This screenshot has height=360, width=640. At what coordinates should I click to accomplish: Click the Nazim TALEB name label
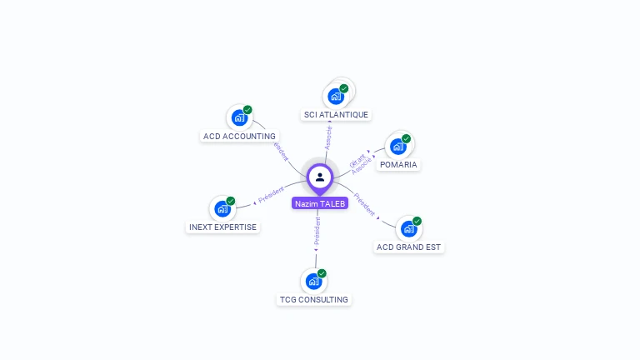pos(320,203)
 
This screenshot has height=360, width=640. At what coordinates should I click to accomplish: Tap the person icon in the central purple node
pos(320,177)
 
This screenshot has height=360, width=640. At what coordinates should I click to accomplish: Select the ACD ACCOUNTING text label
pos(239,136)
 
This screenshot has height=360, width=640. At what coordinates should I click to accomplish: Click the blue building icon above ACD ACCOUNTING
pos(239,117)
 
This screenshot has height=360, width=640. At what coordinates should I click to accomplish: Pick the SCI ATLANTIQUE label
pos(336,114)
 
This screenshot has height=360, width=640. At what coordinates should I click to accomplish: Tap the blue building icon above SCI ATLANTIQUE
pos(336,96)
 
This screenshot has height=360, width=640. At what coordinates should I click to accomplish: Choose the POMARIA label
pos(398,164)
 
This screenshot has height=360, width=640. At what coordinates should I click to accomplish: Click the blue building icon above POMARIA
pos(397,147)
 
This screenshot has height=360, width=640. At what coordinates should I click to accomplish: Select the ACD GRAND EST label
pos(409,247)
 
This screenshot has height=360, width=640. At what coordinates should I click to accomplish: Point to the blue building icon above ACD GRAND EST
pos(408,229)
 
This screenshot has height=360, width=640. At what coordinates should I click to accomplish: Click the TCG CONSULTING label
pos(314,299)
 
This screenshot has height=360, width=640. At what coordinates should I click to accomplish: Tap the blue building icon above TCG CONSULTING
pos(313,281)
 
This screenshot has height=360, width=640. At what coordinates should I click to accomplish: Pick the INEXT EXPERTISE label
pos(223,227)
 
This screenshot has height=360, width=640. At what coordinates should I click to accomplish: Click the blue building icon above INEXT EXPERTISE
pos(222,209)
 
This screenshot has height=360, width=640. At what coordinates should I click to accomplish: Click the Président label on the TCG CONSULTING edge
pos(317,232)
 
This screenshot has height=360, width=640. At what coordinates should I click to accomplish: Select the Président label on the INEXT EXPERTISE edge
pos(271,195)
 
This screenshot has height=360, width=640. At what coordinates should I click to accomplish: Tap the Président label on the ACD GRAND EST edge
pos(365,204)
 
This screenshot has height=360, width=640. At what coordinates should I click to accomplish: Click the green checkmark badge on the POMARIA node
pos(406,138)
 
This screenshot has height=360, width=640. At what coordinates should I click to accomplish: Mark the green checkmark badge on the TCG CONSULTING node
pos(322,273)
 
